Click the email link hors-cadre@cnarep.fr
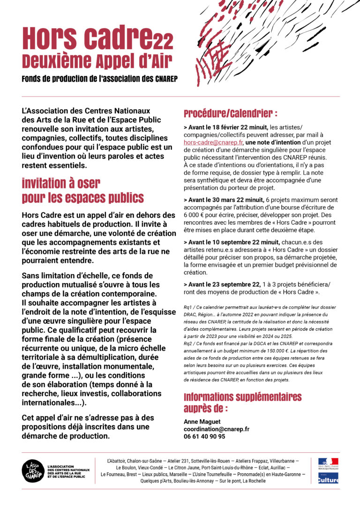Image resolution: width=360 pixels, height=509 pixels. pyautogui.click(x=213, y=142)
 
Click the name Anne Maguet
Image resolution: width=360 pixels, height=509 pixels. pyautogui.click(x=202, y=422)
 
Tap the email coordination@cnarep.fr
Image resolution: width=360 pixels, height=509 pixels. pyautogui.click(x=217, y=429)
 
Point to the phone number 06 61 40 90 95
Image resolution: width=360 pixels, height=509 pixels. pyautogui.click(x=204, y=436)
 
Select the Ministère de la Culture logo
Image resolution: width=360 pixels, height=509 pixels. pyautogui.click(x=328, y=479)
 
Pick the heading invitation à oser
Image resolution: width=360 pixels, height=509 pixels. pyautogui.click(x=61, y=183)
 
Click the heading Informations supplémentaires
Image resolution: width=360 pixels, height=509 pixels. pyautogui.click(x=242, y=397)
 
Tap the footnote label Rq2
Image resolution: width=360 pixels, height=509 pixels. pyautogui.click(x=188, y=344)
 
